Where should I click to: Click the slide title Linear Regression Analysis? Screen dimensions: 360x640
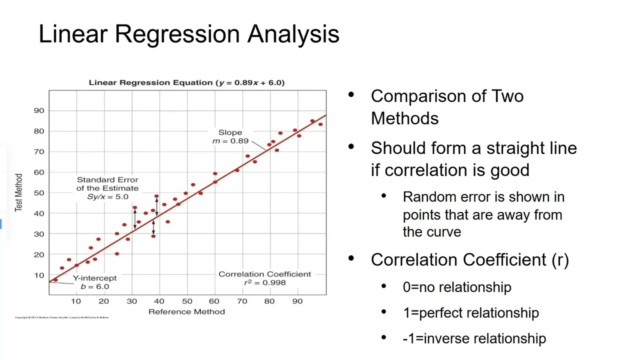189,34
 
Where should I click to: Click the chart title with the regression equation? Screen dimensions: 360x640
186,82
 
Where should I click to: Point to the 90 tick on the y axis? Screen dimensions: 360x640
39,110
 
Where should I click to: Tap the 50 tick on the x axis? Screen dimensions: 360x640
187,301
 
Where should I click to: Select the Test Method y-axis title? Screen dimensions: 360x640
19,192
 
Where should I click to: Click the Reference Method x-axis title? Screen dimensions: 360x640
186,311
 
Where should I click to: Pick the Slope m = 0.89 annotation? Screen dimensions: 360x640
230,136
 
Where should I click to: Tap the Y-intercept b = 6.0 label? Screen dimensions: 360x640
94,282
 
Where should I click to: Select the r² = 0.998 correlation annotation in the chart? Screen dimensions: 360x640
264,282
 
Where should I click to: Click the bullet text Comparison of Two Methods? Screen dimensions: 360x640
447,107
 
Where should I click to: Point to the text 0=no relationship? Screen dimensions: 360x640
457,287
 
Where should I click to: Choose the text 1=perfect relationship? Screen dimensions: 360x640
470,313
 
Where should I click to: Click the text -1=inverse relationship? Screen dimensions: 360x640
474,338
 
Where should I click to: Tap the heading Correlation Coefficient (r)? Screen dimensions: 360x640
469,260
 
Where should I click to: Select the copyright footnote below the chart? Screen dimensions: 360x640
62,317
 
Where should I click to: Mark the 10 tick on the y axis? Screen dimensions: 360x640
39,275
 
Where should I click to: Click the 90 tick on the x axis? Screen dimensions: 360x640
297,301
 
